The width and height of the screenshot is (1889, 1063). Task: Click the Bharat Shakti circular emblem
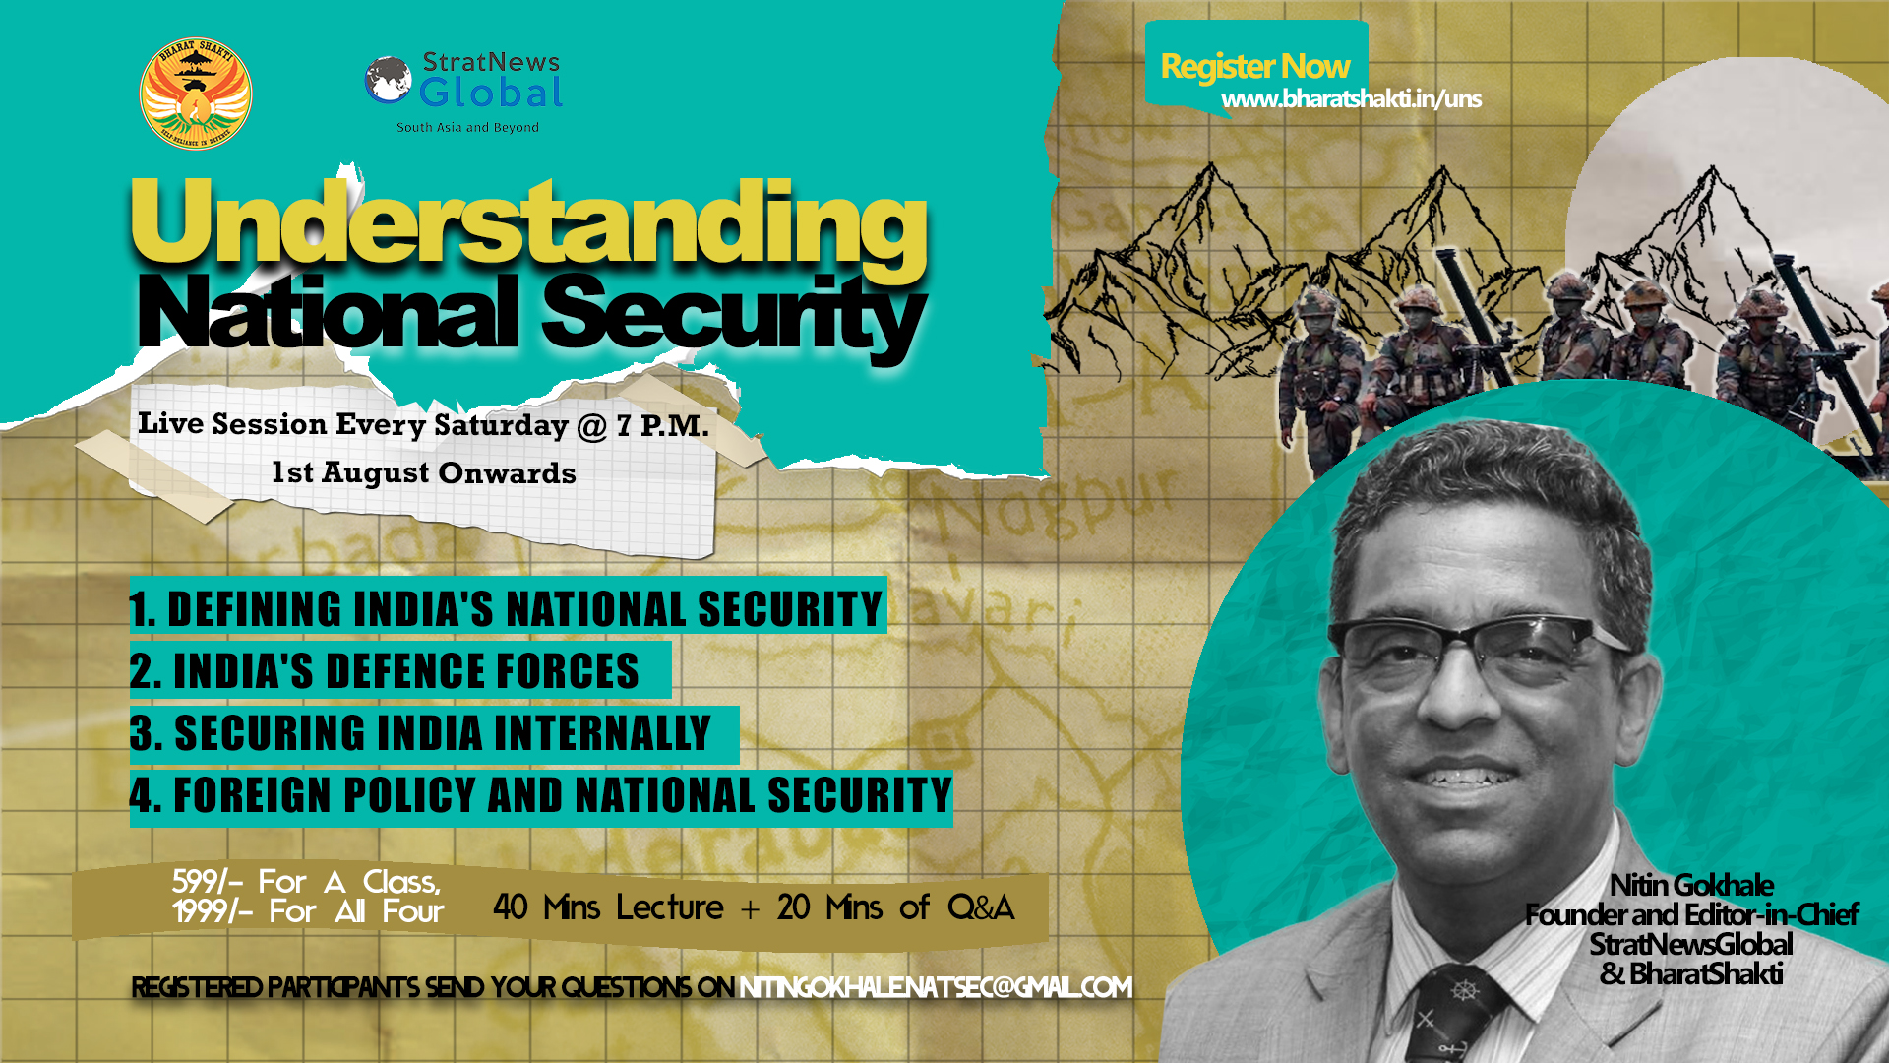tap(196, 94)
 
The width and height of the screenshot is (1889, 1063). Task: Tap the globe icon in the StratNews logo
tap(388, 80)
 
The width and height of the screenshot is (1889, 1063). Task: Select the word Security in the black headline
tap(733, 313)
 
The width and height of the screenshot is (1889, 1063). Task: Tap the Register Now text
tap(1255, 66)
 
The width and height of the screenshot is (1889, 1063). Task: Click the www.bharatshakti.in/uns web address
tap(1351, 99)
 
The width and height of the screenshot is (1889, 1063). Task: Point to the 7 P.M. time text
tap(662, 426)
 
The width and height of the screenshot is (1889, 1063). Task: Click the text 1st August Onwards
tap(424, 473)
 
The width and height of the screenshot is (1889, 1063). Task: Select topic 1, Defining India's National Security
tap(507, 607)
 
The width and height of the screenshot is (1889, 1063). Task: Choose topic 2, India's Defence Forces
tap(386, 671)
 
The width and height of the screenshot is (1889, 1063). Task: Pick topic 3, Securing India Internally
tap(421, 733)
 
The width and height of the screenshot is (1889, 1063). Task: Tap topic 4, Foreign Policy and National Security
tap(541, 796)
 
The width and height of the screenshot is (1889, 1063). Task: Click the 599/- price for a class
tap(206, 882)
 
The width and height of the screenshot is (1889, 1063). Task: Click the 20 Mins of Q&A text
tap(895, 907)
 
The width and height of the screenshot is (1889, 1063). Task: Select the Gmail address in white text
tap(936, 987)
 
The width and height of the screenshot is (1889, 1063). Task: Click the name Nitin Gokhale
tap(1691, 885)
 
